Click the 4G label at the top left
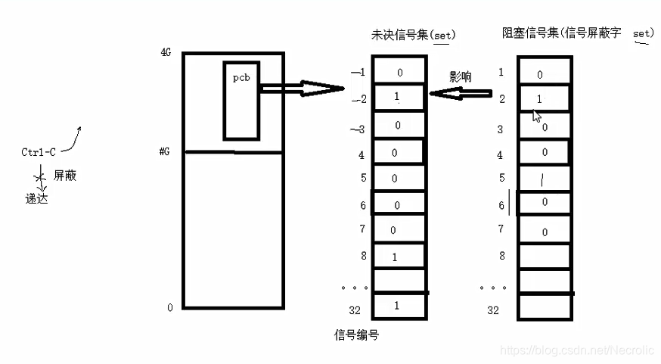[166, 53]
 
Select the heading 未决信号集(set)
[414, 35]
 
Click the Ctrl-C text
[39, 152]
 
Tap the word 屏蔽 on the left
[65, 176]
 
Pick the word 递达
[36, 199]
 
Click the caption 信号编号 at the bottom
[356, 334]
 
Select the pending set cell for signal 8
[399, 256]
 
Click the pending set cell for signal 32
[399, 306]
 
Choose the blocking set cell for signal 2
[544, 98]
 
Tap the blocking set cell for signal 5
[544, 179]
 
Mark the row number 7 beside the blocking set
[500, 229]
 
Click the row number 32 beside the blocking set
[493, 310]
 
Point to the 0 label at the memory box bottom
[169, 307]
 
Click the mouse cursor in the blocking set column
[536, 116]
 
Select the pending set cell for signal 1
[399, 72]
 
